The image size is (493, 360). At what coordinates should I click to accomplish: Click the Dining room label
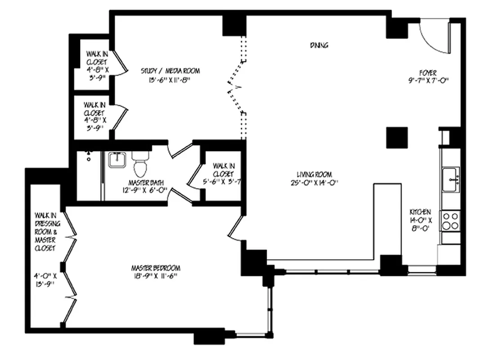pyautogui.click(x=319, y=45)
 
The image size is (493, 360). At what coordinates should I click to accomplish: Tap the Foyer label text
pyautogui.click(x=428, y=72)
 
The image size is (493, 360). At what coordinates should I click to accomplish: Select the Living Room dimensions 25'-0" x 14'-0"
pyautogui.click(x=314, y=182)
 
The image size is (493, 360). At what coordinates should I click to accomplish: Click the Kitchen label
pyautogui.click(x=420, y=212)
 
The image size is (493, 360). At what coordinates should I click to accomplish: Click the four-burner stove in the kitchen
pyautogui.click(x=450, y=221)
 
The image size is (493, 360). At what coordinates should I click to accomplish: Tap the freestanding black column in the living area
pyautogui.click(x=397, y=138)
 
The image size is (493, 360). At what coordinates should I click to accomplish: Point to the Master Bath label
pyautogui.click(x=146, y=183)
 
